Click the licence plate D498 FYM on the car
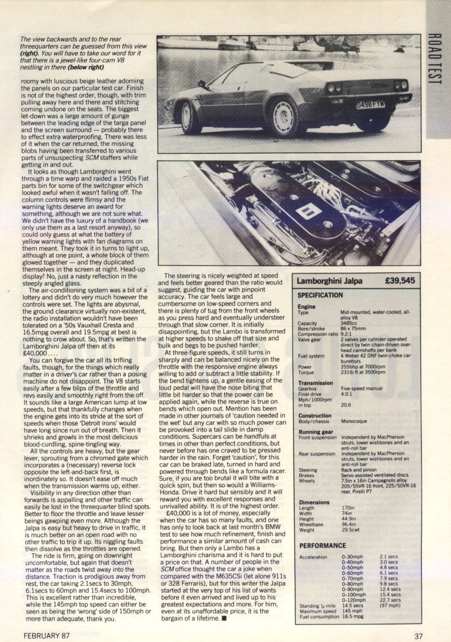(370, 105)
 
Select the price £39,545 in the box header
(400, 280)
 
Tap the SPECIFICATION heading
(320, 295)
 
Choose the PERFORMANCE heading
(322, 546)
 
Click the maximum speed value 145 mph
(353, 610)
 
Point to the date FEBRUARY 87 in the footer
(48, 636)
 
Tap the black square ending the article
(224, 618)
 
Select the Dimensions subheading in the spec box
(313, 503)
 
